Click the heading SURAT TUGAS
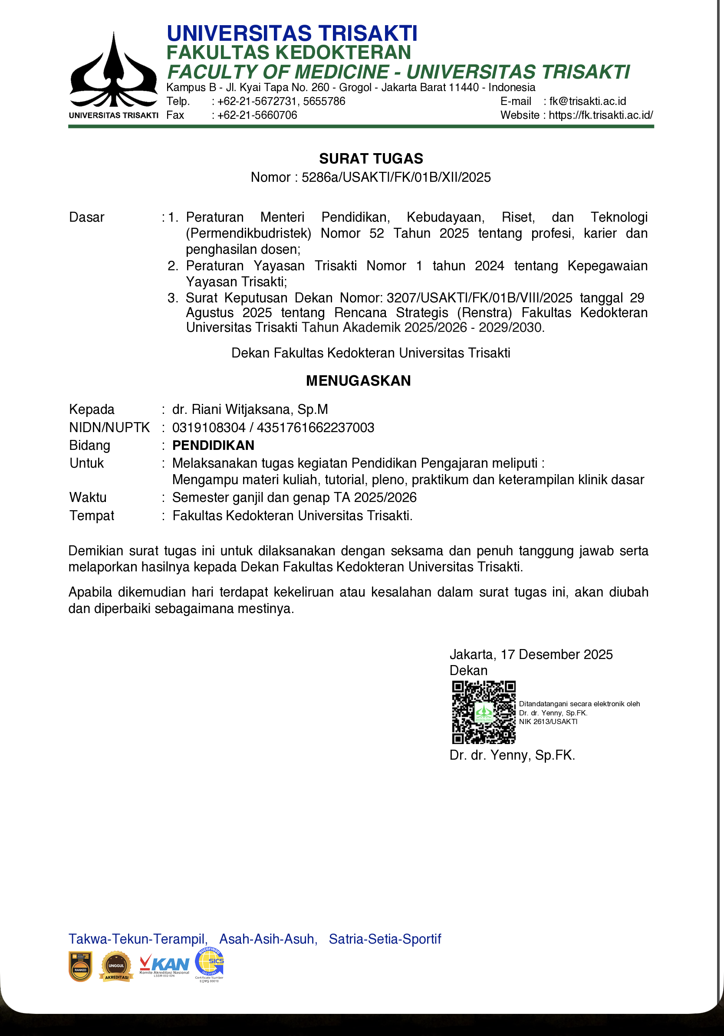[371, 158]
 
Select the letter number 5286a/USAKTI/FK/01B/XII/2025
[396, 177]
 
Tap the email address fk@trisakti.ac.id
[587, 101]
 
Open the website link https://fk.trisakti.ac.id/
[601, 115]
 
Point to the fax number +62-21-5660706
[257, 115]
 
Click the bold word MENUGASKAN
[359, 381]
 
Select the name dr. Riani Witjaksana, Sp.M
[250, 409]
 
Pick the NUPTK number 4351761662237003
[316, 427]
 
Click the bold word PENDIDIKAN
[213, 446]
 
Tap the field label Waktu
[88, 497]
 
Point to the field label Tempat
[92, 515]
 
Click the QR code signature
[484, 712]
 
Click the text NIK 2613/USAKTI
[548, 721]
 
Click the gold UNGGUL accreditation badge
[116, 966]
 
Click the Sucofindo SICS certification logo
[210, 964]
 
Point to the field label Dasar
[87, 217]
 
